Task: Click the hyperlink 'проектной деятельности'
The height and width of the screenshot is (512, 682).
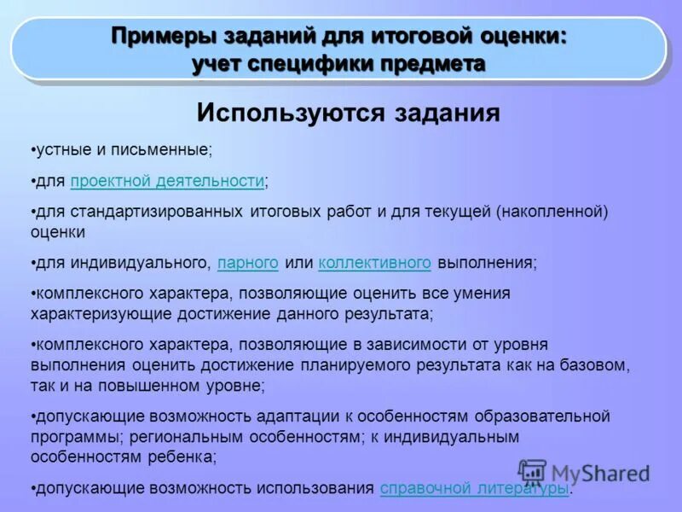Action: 167,180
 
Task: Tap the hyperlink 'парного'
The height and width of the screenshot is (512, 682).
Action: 248,262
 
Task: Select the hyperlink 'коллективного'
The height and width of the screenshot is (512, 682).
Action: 375,262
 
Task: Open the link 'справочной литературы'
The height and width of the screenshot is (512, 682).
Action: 473,488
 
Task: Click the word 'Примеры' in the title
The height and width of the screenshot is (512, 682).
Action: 165,38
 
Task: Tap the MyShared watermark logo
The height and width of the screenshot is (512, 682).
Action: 585,472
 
